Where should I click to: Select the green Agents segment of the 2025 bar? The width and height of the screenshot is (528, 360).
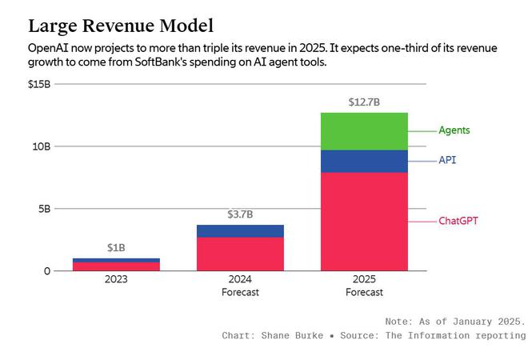364,131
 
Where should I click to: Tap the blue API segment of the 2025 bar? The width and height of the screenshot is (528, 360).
364,161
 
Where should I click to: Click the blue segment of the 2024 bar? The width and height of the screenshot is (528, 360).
240,231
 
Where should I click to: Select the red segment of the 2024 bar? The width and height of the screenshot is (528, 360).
240,254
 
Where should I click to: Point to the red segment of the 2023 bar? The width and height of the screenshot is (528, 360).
116,266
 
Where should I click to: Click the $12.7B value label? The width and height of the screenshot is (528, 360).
364,102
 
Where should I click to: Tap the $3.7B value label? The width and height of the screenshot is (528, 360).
240,214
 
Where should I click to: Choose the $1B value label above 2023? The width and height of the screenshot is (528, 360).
116,248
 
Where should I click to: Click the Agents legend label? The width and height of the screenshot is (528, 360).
454,130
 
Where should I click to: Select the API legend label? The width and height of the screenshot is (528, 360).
447,161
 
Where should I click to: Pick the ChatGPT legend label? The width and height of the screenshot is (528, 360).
458,221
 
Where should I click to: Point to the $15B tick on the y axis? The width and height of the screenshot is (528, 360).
39,84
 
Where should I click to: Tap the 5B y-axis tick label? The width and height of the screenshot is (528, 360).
43,209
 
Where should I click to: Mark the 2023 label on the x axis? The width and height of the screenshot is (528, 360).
116,280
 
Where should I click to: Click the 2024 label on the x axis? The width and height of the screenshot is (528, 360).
240,280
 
